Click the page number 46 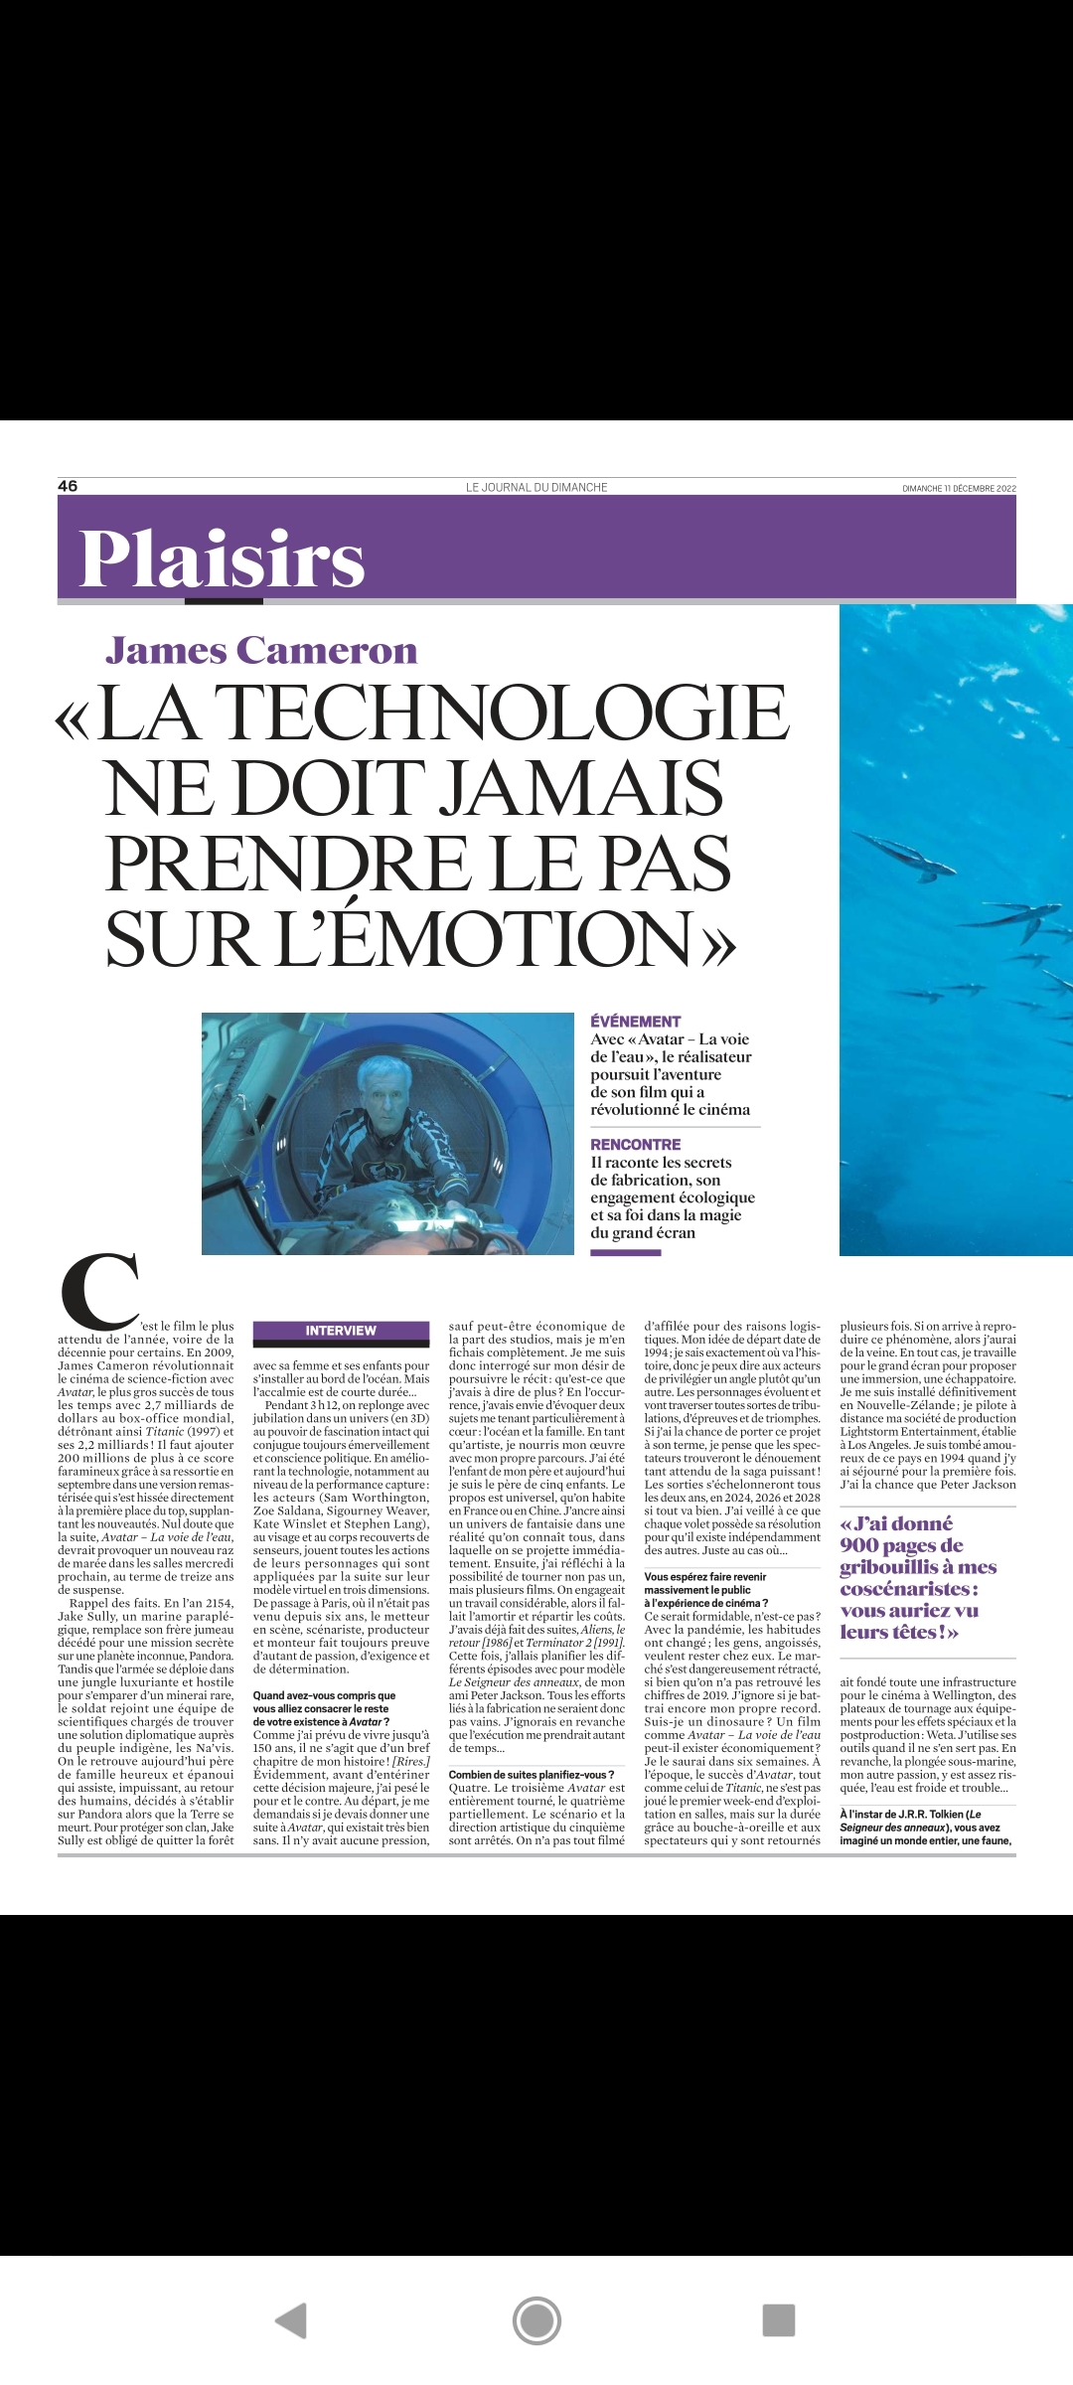click(x=68, y=486)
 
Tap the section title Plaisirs click(x=222, y=558)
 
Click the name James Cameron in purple click(x=261, y=651)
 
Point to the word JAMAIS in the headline click(x=580, y=788)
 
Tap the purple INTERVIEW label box click(x=341, y=1331)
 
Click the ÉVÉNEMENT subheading click(x=636, y=1022)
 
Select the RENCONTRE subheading click(x=636, y=1145)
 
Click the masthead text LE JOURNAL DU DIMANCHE click(x=536, y=487)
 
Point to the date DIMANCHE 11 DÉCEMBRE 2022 click(x=959, y=488)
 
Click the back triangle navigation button click(x=290, y=2320)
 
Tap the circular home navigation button click(x=536, y=2320)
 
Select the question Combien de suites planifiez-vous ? click(x=532, y=1774)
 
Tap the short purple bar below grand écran click(x=625, y=1253)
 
